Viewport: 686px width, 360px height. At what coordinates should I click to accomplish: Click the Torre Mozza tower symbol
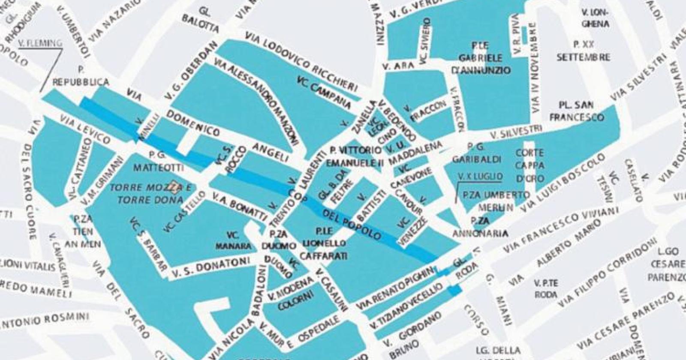pyautogui.click(x=173, y=186)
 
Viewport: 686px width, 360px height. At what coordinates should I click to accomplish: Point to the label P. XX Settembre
pyautogui.click(x=583, y=50)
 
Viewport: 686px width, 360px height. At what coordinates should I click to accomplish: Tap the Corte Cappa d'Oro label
pyautogui.click(x=530, y=165)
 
